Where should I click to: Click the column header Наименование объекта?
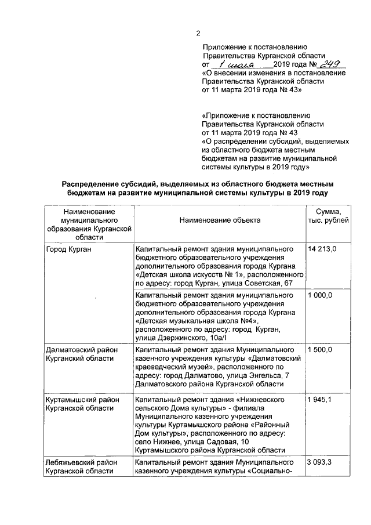point(220,220)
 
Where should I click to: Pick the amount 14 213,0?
point(322,249)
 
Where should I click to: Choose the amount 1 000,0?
point(320,296)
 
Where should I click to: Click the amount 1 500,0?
point(320,350)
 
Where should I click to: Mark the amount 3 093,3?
point(320,462)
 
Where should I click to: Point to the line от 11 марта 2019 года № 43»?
point(251,90)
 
